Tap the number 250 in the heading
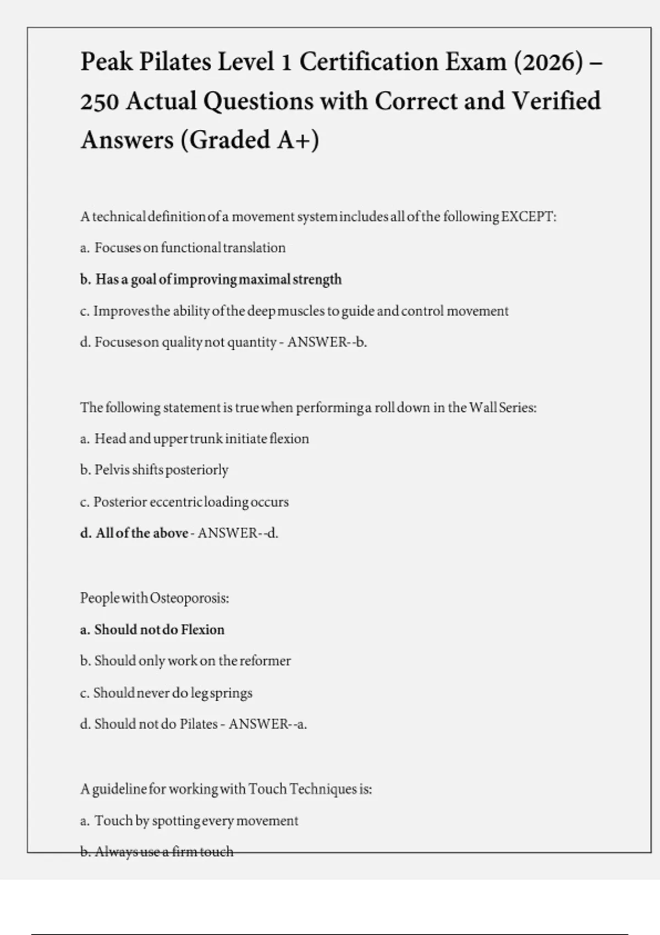[100, 101]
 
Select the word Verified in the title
[556, 101]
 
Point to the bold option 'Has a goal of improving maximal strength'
[218, 279]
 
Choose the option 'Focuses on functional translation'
[190, 248]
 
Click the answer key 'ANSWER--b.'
[327, 342]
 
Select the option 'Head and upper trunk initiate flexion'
[201, 439]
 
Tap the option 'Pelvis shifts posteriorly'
[161, 470]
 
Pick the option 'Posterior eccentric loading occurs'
[191, 502]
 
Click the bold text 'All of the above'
[141, 533]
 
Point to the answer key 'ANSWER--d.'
[238, 533]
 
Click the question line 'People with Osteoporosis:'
[155, 598]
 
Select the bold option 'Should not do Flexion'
[159, 630]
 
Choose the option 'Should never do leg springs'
[173, 693]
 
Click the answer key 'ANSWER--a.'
[267, 724]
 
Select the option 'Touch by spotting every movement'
[196, 821]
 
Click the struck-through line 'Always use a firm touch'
[164, 852]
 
